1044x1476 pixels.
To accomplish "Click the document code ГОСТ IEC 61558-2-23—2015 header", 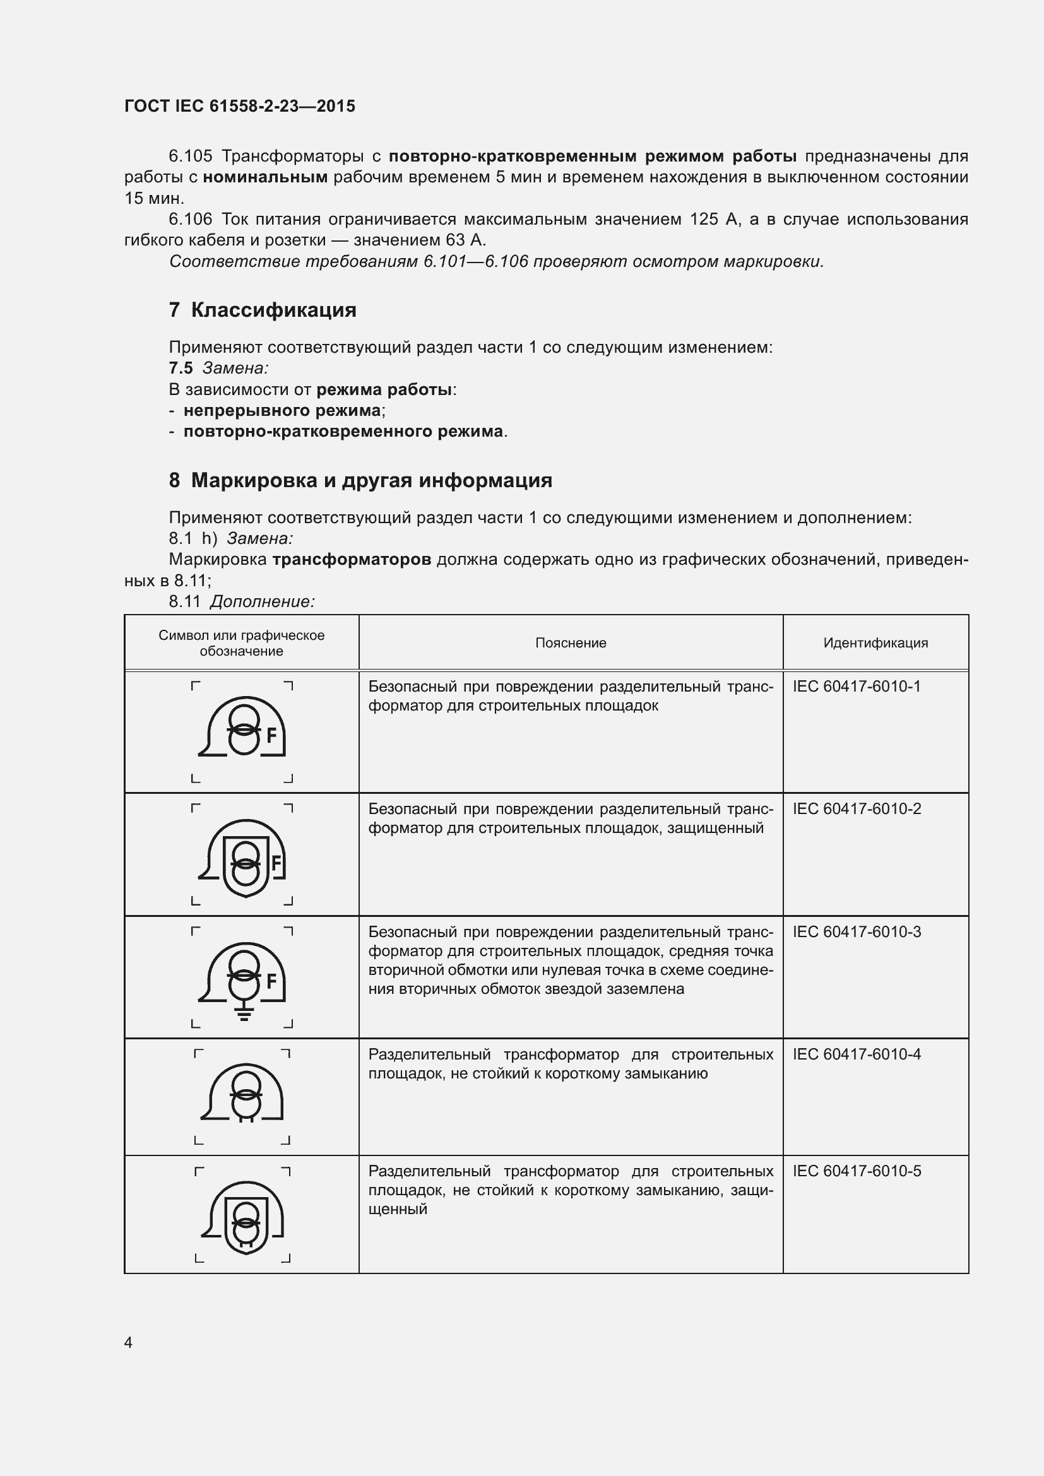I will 239,107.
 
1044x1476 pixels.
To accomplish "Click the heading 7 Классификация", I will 263,310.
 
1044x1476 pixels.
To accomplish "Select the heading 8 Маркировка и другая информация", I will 360,480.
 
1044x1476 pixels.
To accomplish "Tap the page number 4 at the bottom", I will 128,1342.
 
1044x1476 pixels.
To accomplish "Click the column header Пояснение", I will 570,643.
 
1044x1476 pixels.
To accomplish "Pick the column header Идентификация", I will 875,643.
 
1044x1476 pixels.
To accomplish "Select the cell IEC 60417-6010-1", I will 857,687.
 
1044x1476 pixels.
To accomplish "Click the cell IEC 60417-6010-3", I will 857,932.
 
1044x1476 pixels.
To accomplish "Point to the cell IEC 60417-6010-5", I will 857,1171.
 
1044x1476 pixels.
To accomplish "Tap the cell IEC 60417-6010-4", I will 857,1054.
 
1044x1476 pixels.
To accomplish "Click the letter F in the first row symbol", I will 271,735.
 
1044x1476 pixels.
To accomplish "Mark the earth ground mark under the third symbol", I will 244,1015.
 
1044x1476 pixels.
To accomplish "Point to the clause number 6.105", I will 190,156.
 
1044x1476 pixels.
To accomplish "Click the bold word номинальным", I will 266,177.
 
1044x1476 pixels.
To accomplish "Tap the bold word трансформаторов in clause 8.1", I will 351,559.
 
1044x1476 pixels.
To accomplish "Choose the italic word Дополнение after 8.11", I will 263,602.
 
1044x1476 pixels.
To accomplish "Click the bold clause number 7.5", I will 181,369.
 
